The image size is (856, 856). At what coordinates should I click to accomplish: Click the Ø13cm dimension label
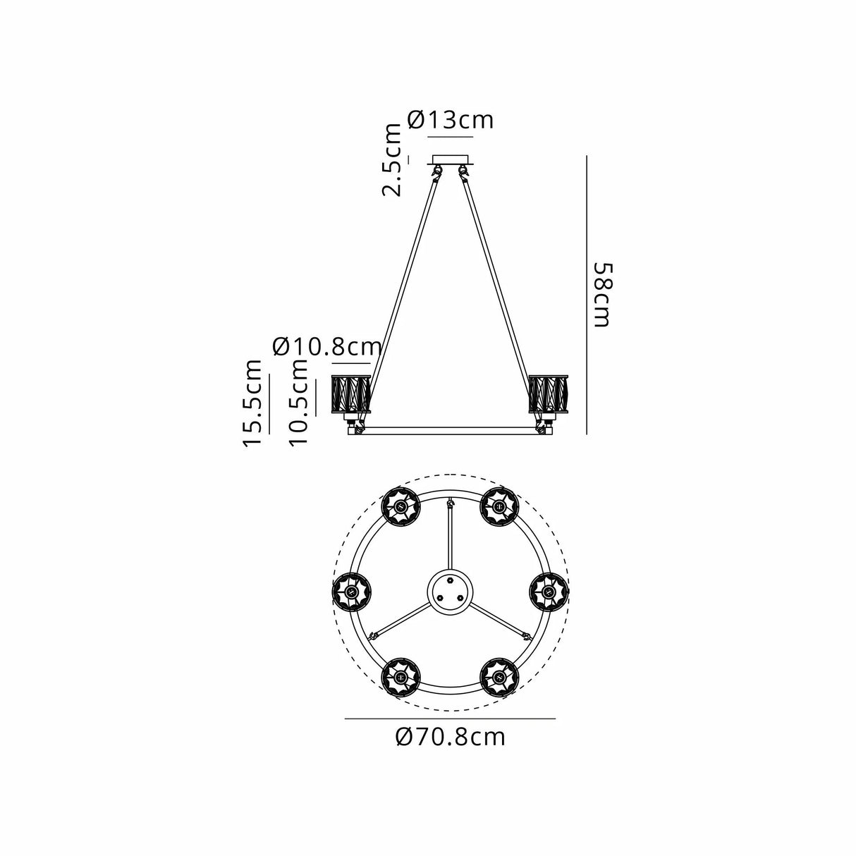450,120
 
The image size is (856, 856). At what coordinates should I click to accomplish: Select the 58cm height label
604,295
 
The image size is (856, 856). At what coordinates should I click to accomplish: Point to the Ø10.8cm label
327,347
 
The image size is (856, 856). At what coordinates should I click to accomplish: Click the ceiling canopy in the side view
450,159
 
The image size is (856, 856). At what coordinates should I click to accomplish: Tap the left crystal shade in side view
351,394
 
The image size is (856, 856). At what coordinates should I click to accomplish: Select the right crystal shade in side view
549,394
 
